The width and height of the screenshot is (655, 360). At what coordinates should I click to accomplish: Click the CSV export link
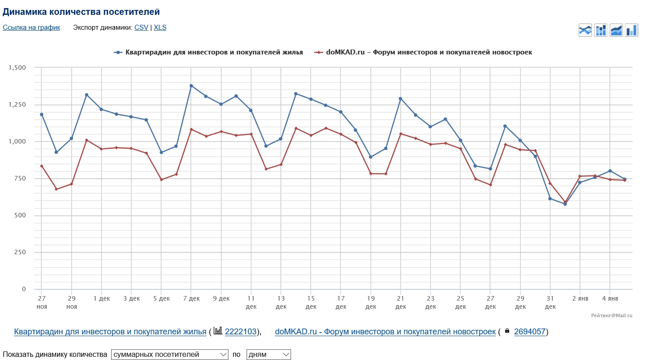point(141,27)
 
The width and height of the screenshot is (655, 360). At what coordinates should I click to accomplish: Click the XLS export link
point(160,27)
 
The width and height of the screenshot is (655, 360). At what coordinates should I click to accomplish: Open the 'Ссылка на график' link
point(31,27)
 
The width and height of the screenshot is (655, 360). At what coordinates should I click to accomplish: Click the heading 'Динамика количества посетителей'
point(81,12)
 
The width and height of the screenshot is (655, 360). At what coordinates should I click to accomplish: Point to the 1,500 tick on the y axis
point(18,67)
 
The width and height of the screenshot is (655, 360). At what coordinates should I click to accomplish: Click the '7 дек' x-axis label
point(191,298)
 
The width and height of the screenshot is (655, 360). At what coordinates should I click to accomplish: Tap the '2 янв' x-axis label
point(580,298)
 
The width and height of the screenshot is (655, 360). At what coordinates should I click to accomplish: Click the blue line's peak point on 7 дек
point(191,85)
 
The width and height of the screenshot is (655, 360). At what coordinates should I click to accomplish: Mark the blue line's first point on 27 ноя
point(41,114)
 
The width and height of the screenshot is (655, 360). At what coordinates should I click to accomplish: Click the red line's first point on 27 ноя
point(41,166)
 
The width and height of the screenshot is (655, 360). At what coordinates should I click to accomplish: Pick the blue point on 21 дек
point(400,99)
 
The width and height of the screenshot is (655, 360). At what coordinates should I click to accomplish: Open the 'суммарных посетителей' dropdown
point(170,355)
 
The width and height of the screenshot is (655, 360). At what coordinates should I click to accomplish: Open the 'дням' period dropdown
point(269,355)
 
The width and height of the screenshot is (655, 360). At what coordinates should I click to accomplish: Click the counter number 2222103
point(241,332)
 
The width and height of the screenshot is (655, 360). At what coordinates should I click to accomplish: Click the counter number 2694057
point(529,332)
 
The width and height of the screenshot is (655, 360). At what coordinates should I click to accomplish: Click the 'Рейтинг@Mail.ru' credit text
point(612,315)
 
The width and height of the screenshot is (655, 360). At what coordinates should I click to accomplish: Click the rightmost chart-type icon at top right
point(632,30)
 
